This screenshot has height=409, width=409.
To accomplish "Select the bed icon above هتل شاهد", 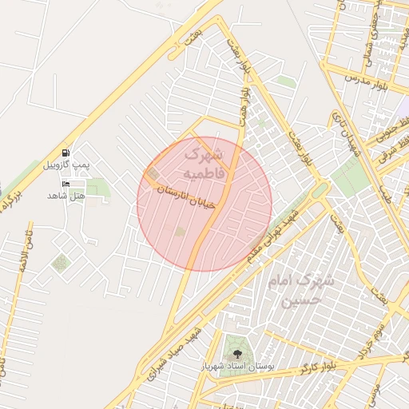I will [x=65, y=184].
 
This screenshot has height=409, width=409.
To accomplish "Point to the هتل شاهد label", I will [x=66, y=196].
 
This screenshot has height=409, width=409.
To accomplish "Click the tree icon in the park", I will [x=236, y=350].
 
